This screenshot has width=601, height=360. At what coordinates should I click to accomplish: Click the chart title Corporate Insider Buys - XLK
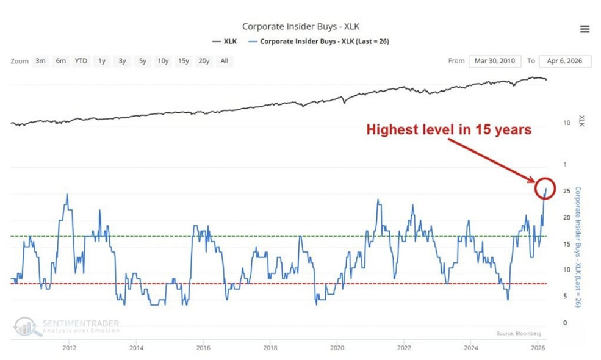point(300,26)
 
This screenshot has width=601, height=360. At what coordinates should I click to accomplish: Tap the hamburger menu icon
point(585,29)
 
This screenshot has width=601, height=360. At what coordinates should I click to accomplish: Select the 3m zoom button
point(40,61)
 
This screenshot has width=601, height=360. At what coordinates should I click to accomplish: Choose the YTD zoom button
point(81,61)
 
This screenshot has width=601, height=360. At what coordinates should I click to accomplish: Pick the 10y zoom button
point(163,61)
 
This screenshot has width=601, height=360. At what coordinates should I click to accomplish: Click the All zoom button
point(225,61)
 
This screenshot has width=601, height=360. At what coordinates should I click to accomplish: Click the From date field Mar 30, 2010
point(494,61)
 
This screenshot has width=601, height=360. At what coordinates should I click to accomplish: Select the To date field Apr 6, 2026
point(565,61)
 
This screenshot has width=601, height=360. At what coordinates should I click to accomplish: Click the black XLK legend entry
point(225,41)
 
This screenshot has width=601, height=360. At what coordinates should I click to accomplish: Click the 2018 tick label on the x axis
point(270,348)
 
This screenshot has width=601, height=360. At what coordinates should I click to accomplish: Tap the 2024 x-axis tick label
point(470,348)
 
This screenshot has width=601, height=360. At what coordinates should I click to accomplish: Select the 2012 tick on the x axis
point(69,348)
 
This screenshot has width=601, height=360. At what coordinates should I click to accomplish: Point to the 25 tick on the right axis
point(567,192)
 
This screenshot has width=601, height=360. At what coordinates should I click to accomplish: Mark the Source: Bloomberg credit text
point(519,333)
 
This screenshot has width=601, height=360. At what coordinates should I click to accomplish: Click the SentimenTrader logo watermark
point(67,326)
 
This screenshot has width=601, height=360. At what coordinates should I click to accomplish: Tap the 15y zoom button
point(183,61)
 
